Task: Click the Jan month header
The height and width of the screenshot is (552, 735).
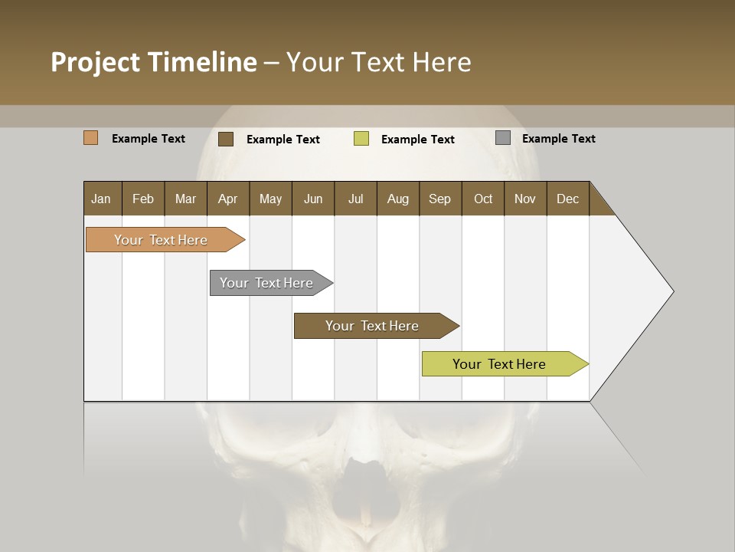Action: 102,199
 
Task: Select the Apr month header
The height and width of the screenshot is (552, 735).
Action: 228,199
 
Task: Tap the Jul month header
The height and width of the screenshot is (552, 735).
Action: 355,199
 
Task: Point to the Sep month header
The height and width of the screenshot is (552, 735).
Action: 439,199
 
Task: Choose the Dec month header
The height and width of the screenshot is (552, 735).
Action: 567,199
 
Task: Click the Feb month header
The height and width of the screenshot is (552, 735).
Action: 143,199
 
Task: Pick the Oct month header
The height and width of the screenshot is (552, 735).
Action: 483,199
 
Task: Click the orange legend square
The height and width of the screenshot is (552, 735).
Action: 91,138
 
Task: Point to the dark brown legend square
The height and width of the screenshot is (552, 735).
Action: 226,139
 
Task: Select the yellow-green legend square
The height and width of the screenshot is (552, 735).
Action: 361,139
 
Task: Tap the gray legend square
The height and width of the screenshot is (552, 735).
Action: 503,138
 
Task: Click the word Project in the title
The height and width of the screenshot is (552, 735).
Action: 96,62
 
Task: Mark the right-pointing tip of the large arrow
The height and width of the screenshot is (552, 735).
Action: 672,291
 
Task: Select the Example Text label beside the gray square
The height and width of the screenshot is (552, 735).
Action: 558,139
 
